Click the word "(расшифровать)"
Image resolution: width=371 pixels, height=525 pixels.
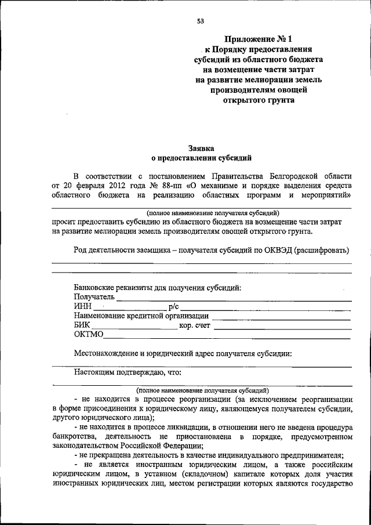pos(322,250)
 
